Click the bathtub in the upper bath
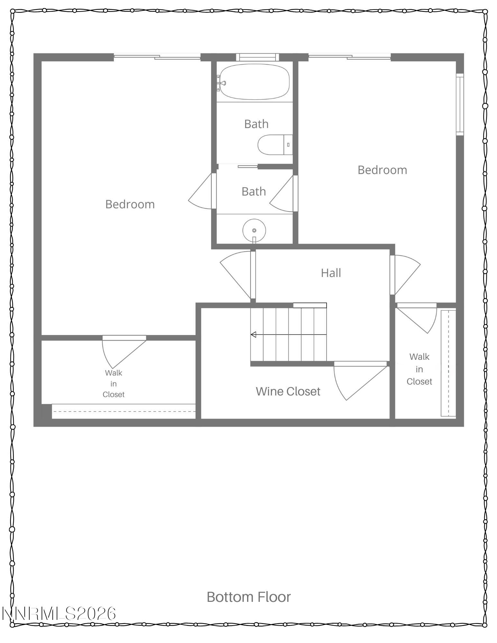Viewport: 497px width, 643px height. pyautogui.click(x=254, y=82)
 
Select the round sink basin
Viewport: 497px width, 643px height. pyautogui.click(x=254, y=230)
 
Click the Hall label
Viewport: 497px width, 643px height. pyautogui.click(x=331, y=273)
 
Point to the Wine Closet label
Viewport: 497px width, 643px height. pyautogui.click(x=288, y=391)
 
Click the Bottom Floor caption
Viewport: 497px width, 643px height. pyautogui.click(x=249, y=597)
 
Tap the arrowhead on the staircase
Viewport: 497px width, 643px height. pyautogui.click(x=253, y=334)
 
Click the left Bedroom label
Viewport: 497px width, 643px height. pyautogui.click(x=130, y=204)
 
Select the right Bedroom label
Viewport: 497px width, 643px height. pyautogui.click(x=382, y=170)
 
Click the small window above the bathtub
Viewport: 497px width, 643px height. pyautogui.click(x=258, y=57)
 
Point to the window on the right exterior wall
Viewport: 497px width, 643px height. pyautogui.click(x=460, y=104)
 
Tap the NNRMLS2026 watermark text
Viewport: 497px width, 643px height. pyautogui.click(x=59, y=613)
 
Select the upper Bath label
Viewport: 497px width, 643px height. pyautogui.click(x=256, y=124)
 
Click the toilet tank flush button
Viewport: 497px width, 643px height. pyautogui.click(x=288, y=145)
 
